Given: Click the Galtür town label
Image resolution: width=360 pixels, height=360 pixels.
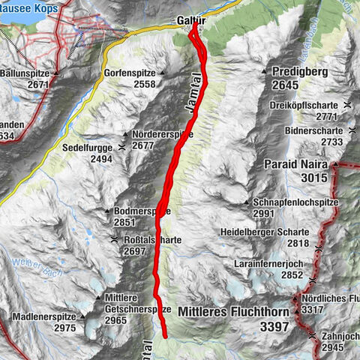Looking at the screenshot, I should click(x=191, y=20).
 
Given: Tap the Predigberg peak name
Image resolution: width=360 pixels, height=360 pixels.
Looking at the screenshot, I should click(x=302, y=72).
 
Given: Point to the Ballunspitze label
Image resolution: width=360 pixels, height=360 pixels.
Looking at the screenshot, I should click(x=28, y=74).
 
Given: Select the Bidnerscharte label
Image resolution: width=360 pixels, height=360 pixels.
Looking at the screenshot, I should click(x=313, y=130).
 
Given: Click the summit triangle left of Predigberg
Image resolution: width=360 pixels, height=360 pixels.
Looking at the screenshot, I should click(x=265, y=72).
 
